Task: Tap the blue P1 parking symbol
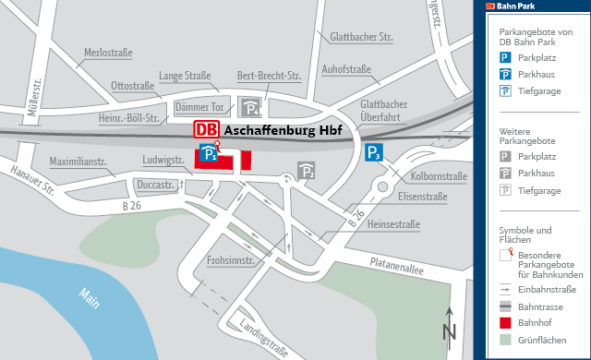point(210,154)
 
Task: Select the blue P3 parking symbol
point(373,153)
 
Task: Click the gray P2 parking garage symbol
point(307,170)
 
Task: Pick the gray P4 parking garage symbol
point(249,106)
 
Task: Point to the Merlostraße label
point(109,54)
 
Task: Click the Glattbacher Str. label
point(361,37)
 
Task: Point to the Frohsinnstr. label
point(230,260)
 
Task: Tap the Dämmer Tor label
point(199,107)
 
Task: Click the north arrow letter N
point(449,331)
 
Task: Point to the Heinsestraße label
point(393,224)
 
